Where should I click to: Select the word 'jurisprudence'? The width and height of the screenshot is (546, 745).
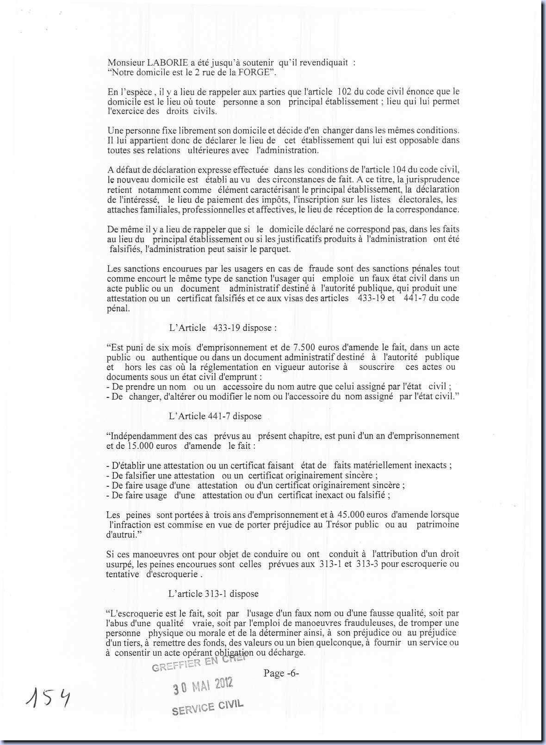(x=432, y=180)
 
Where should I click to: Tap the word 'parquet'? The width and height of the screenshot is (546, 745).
(x=275, y=249)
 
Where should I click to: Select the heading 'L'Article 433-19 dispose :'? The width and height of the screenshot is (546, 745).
(x=223, y=328)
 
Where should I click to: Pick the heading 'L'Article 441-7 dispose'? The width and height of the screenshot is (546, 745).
(x=215, y=416)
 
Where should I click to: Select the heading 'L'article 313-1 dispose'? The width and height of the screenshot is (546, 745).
(x=213, y=594)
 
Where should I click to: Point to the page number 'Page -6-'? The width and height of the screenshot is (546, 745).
(x=281, y=673)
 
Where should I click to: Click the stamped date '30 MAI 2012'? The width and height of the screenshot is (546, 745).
(x=203, y=686)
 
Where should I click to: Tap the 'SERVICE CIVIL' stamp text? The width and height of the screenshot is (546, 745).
(x=207, y=708)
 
